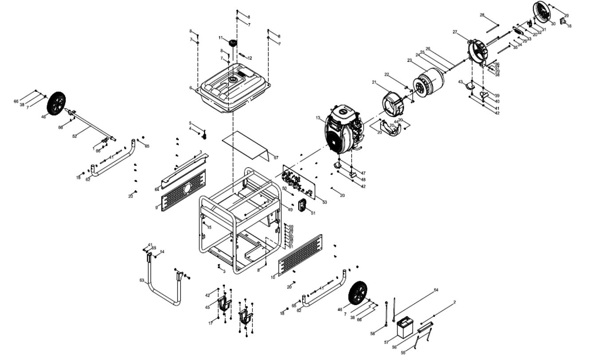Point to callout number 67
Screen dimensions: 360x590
(276, 157)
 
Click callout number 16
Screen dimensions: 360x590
(569, 26)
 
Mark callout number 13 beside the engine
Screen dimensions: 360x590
(318, 118)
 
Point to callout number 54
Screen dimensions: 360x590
(436, 290)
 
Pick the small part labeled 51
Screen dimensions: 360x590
(303, 206)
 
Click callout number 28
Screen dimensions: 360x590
(482, 15)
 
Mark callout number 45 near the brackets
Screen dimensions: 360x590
(208, 307)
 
